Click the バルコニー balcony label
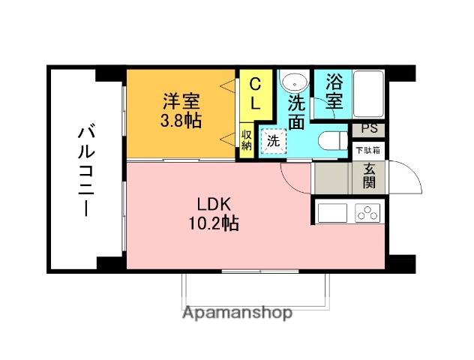85,172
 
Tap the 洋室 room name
182,100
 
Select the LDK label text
217,204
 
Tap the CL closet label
256,94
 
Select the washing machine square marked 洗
273,139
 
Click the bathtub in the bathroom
367,94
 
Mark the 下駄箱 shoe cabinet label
368,149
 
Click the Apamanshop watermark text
236,313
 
